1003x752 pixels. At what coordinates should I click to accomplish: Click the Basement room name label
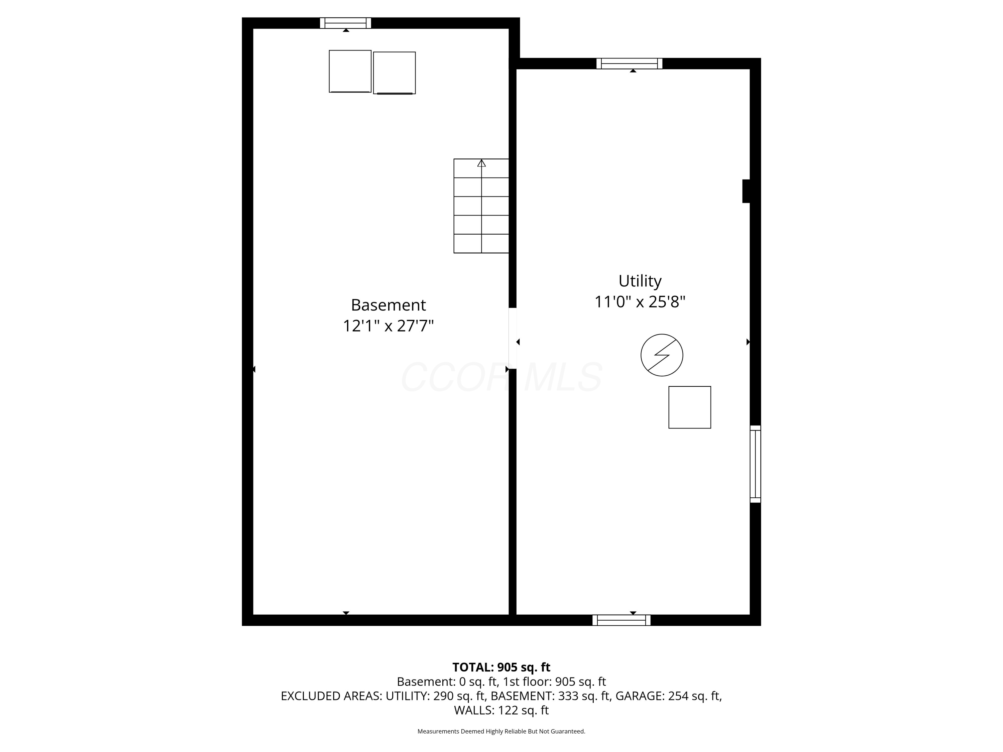pyautogui.click(x=388, y=305)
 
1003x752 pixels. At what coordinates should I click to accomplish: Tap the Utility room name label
pyautogui.click(x=640, y=281)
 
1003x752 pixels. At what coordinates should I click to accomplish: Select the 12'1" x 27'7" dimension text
pyautogui.click(x=388, y=326)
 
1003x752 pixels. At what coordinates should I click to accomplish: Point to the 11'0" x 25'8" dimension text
pyautogui.click(x=640, y=302)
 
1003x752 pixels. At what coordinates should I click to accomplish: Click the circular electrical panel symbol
pyautogui.click(x=662, y=355)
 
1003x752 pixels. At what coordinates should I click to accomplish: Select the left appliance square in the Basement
pyautogui.click(x=350, y=71)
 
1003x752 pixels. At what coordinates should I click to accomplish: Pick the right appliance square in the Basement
pyautogui.click(x=394, y=73)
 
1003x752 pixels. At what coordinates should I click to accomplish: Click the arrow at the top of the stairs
pyautogui.click(x=481, y=163)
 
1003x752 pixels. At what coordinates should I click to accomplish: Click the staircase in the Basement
pyautogui.click(x=481, y=206)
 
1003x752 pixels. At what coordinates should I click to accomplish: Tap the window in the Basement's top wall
pyautogui.click(x=345, y=23)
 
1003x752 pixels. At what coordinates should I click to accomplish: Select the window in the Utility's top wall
pyautogui.click(x=629, y=64)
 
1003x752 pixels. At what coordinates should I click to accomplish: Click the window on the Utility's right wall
pyautogui.click(x=755, y=464)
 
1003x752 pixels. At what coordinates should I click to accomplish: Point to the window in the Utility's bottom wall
pyautogui.click(x=621, y=620)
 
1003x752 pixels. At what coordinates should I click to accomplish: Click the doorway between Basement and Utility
pyautogui.click(x=513, y=338)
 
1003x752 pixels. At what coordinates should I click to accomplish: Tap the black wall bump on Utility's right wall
pyautogui.click(x=746, y=191)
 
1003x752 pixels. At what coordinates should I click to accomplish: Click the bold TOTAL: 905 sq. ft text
pyautogui.click(x=501, y=667)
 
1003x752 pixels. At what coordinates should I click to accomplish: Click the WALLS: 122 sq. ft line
pyautogui.click(x=501, y=710)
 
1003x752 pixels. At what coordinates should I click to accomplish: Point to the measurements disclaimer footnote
pyautogui.click(x=501, y=731)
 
